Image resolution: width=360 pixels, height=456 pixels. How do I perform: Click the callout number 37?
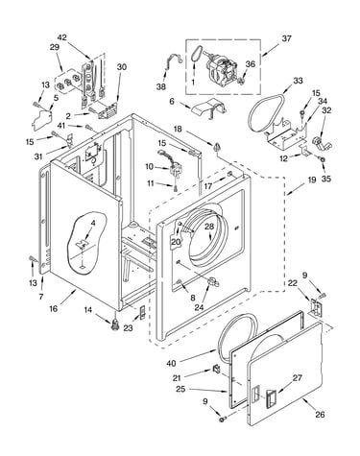(x=286, y=38)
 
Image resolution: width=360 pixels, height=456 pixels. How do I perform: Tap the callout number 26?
(x=320, y=415)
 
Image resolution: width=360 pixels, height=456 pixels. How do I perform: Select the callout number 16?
(x=54, y=308)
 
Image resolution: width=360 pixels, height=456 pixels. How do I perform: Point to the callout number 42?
(x=62, y=37)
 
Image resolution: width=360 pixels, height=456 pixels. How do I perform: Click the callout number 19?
(x=312, y=180)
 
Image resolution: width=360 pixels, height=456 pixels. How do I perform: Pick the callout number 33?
(x=298, y=81)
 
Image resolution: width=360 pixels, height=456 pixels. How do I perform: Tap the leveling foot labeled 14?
(x=115, y=325)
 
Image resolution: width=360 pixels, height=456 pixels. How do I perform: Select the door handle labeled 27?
(x=271, y=399)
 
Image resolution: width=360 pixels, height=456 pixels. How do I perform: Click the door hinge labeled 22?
(x=316, y=307)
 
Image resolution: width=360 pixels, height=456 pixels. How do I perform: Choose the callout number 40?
(x=171, y=364)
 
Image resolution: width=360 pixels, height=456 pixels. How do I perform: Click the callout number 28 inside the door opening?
(x=209, y=227)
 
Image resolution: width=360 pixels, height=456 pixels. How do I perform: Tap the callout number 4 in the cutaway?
(x=93, y=223)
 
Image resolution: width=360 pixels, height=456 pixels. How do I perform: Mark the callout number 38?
(x=161, y=86)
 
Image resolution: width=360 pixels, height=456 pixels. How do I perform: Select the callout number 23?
(x=128, y=328)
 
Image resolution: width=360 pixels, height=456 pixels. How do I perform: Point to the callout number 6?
(x=172, y=102)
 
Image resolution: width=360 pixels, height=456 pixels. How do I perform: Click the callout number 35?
(x=325, y=179)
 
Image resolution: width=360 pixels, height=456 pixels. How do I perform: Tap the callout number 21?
(x=177, y=378)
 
